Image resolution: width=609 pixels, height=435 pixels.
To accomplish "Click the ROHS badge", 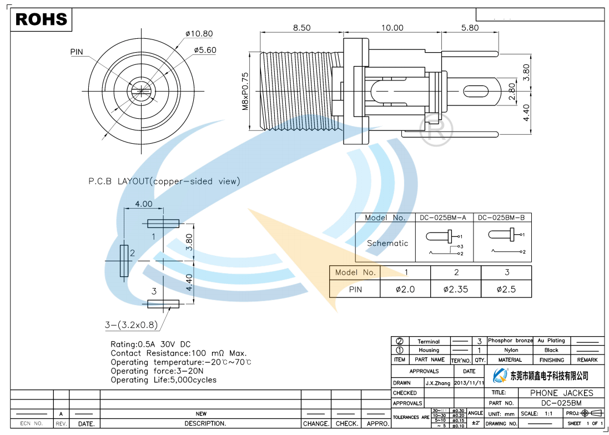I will pyautogui.click(x=42, y=19).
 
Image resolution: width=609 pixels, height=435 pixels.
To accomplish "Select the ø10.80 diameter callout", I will pyautogui.click(x=199, y=34).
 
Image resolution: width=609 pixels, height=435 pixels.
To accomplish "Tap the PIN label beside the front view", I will pyautogui.click(x=77, y=52).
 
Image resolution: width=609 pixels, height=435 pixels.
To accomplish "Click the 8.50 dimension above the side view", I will pyautogui.click(x=302, y=28).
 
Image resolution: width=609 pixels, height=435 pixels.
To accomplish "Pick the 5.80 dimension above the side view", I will pyautogui.click(x=470, y=28).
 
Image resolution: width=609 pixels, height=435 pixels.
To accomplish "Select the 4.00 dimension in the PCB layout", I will pyautogui.click(x=143, y=204).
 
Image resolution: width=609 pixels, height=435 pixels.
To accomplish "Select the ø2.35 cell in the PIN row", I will pyautogui.click(x=456, y=289).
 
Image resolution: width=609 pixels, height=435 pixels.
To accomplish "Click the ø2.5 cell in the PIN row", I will pyautogui.click(x=506, y=289).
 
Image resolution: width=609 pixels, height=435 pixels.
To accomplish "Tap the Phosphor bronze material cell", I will pyautogui.click(x=510, y=341).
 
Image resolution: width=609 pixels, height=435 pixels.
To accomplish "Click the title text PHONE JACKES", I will pyautogui.click(x=561, y=393).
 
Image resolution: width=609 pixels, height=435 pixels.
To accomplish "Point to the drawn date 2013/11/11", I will pyautogui.click(x=469, y=383).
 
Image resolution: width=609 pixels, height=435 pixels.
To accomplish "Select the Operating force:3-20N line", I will pyautogui.click(x=157, y=371).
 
